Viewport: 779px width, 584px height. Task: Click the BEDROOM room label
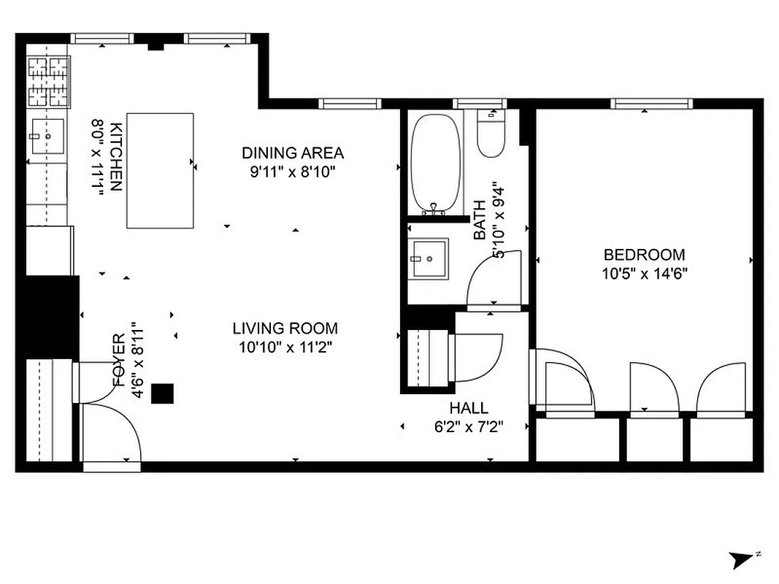(644, 255)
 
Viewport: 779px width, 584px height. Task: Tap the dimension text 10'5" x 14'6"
(644, 273)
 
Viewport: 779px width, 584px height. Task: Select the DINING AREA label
(292, 153)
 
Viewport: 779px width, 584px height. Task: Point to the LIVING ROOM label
(285, 328)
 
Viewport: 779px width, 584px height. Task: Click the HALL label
(469, 408)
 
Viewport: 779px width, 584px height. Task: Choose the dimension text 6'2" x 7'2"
(469, 426)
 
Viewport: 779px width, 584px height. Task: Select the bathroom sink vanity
(428, 258)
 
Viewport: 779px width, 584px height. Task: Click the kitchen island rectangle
(160, 171)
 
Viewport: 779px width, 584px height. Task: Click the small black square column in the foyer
(162, 393)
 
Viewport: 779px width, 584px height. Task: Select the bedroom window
(645, 104)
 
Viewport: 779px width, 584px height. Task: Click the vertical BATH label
(480, 222)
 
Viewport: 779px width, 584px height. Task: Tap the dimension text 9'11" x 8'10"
(292, 172)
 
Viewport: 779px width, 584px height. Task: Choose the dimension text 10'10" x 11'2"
(285, 347)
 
